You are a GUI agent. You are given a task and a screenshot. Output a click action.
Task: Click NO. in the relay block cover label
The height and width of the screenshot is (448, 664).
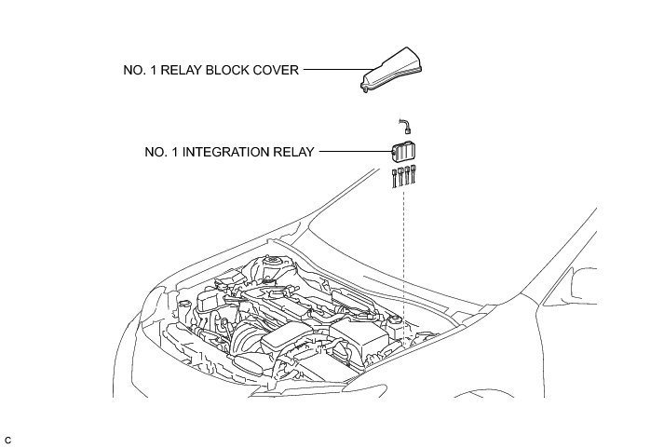[134, 69]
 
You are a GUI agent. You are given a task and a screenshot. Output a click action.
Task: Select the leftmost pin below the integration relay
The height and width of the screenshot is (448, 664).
[394, 178]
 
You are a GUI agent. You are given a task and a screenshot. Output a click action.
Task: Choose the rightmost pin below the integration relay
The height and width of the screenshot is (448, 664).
[413, 174]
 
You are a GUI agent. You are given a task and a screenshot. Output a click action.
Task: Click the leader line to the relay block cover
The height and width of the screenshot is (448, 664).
[331, 69]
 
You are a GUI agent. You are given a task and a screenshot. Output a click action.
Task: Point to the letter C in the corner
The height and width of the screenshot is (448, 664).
[8, 439]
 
